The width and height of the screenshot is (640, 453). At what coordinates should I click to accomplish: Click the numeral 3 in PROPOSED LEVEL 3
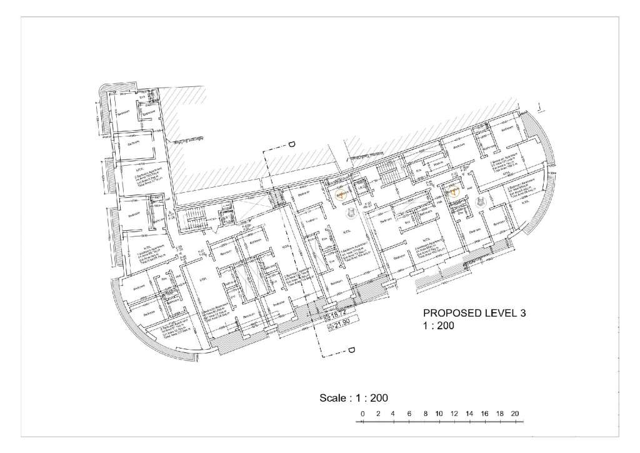pos(523,313)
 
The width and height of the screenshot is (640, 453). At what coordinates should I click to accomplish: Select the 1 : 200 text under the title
pos(439,325)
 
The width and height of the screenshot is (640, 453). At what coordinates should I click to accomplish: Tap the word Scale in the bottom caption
pos(332,397)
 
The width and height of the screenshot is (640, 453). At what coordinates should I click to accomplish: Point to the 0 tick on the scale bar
pos(362,414)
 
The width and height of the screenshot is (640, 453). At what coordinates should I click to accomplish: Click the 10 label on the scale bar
pos(439,414)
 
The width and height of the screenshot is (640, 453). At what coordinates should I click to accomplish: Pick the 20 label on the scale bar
pos(515,414)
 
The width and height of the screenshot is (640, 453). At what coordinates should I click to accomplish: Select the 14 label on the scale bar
pos(469,414)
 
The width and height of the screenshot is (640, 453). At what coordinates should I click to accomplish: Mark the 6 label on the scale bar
pos(409,414)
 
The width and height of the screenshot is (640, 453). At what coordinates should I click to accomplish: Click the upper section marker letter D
pos(291,145)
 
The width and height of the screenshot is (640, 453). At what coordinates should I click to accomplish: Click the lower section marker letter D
pos(351,350)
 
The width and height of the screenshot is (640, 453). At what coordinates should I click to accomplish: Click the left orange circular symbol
pos(341,195)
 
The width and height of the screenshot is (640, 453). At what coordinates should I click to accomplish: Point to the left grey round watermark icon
pos(352,215)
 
